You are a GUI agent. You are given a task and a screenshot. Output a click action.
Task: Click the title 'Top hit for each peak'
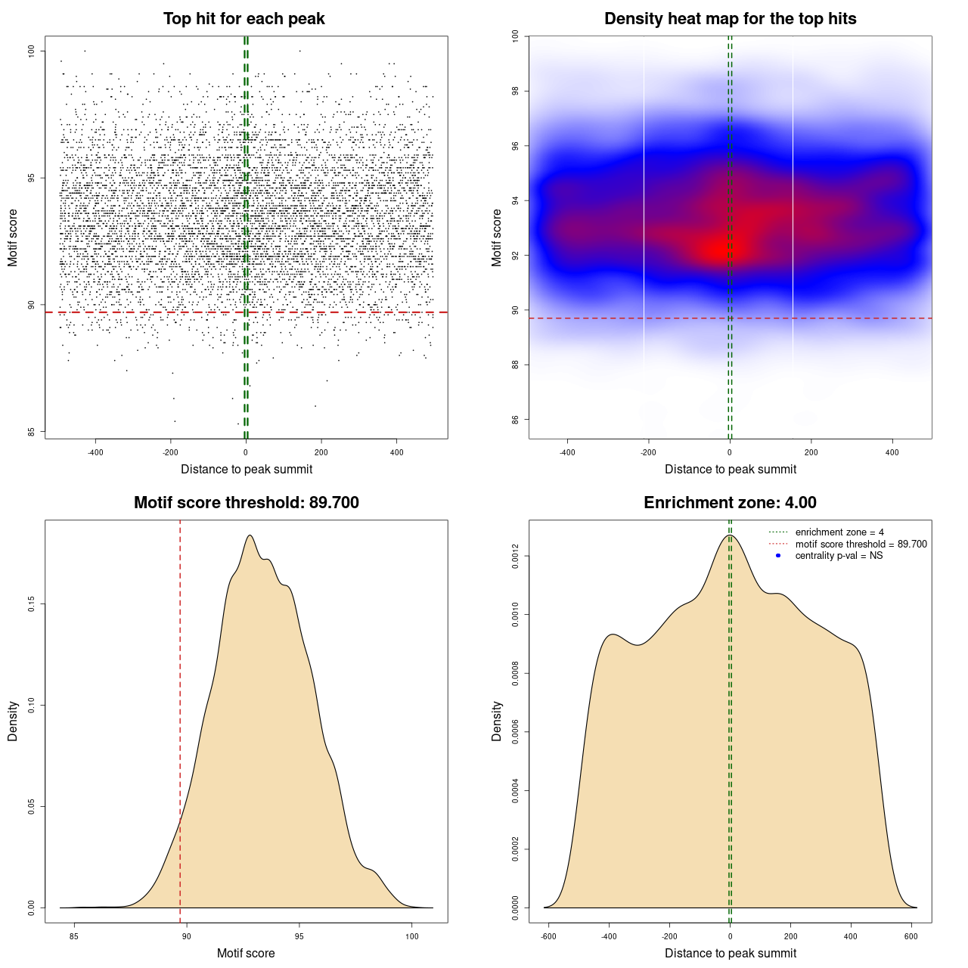(244, 19)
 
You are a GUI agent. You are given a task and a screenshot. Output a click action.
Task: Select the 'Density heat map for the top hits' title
(730, 19)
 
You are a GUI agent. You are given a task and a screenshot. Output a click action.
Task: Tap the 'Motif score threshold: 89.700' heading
(246, 503)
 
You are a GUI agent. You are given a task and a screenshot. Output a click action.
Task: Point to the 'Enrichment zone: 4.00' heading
(730, 503)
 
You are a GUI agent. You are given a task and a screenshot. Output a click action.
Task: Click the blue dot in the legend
(778, 556)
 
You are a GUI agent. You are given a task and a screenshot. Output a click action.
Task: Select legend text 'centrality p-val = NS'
(839, 556)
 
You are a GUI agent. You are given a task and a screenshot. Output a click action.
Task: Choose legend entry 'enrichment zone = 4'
(839, 532)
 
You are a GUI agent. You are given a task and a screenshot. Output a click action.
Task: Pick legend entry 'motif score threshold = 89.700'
(861, 544)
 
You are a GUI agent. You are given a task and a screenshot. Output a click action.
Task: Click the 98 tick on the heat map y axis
(515, 92)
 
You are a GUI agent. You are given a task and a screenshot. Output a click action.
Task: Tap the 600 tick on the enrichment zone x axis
(911, 936)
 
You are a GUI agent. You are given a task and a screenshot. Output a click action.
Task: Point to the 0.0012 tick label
(515, 557)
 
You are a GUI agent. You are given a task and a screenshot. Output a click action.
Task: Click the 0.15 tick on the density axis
(31, 604)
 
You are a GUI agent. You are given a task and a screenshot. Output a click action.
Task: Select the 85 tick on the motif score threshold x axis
(73, 936)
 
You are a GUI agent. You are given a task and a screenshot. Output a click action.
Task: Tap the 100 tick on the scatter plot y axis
(31, 51)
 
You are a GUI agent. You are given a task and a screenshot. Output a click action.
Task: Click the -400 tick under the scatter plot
(95, 452)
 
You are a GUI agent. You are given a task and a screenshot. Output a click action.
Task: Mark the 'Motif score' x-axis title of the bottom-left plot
(246, 953)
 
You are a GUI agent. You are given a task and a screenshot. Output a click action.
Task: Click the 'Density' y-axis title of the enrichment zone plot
(497, 721)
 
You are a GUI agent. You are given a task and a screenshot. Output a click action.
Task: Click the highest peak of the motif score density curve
(250, 536)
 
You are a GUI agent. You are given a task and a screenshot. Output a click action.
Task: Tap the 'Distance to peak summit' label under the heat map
(730, 469)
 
